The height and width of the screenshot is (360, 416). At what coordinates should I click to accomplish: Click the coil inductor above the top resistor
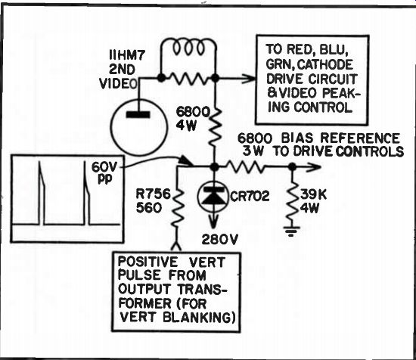(x=188, y=47)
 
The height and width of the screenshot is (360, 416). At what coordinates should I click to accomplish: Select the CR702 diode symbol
(x=212, y=197)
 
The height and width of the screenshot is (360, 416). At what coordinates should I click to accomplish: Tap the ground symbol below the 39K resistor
(x=291, y=231)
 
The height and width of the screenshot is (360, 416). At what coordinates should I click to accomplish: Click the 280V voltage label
(x=219, y=240)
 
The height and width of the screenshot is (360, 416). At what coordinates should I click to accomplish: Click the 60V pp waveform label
(x=104, y=172)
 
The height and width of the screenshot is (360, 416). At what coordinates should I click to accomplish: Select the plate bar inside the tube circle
(x=138, y=115)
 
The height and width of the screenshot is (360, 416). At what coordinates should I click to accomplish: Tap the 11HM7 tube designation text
(x=127, y=56)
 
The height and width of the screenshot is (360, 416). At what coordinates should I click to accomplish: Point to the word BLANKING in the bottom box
(x=199, y=318)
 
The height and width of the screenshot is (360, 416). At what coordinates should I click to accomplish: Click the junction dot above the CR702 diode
(x=215, y=167)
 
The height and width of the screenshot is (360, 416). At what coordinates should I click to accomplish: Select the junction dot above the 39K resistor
(x=292, y=167)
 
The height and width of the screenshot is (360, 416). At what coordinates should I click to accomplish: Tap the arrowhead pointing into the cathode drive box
(x=249, y=78)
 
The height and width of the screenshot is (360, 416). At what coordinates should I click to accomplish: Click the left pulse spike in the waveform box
(x=41, y=193)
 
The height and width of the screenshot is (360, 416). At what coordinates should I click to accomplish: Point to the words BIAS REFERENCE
(x=340, y=138)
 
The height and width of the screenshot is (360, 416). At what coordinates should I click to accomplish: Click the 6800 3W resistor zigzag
(x=245, y=167)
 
